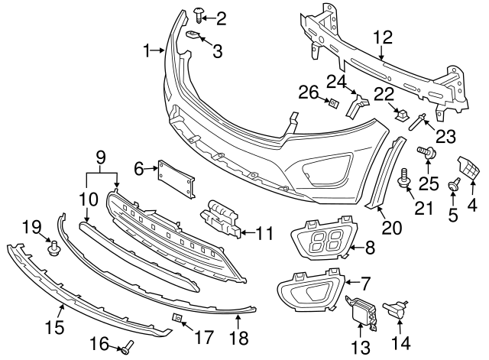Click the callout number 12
pos(382,35)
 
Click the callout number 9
pos(100,159)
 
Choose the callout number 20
pos(391,227)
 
